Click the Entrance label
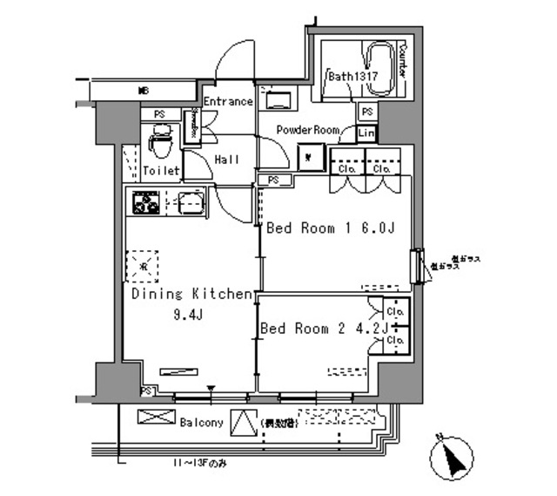[x=227, y=102]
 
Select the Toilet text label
[x=161, y=171]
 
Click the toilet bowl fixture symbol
[x=160, y=140]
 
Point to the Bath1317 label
[x=352, y=77]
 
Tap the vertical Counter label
[x=403, y=61]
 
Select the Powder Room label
[x=307, y=130]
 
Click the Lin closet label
[x=366, y=132]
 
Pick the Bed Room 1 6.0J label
[x=331, y=229]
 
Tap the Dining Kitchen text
[x=192, y=295]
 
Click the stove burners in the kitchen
[x=144, y=203]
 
